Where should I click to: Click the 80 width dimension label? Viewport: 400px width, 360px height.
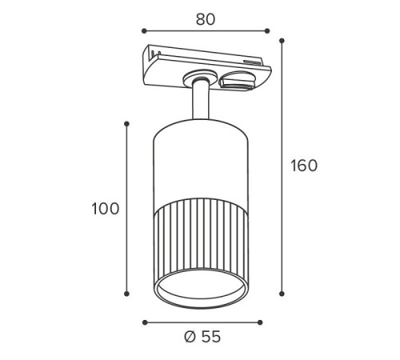pos(206,19)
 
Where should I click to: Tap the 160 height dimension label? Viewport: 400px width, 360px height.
pos(304,166)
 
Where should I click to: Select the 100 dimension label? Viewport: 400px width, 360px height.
pos(106,209)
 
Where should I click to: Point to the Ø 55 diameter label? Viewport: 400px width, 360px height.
pos(202,337)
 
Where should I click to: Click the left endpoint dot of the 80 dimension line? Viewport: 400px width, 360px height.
pos(144,31)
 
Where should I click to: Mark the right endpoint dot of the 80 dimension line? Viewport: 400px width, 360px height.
pos(267,31)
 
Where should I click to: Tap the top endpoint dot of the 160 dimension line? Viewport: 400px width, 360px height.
pos(282,41)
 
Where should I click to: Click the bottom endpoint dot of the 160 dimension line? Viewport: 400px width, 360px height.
pos(282,294)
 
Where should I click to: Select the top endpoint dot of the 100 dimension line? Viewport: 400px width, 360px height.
pos(127,124)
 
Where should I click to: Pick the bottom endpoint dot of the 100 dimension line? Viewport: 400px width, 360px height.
pos(127,294)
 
